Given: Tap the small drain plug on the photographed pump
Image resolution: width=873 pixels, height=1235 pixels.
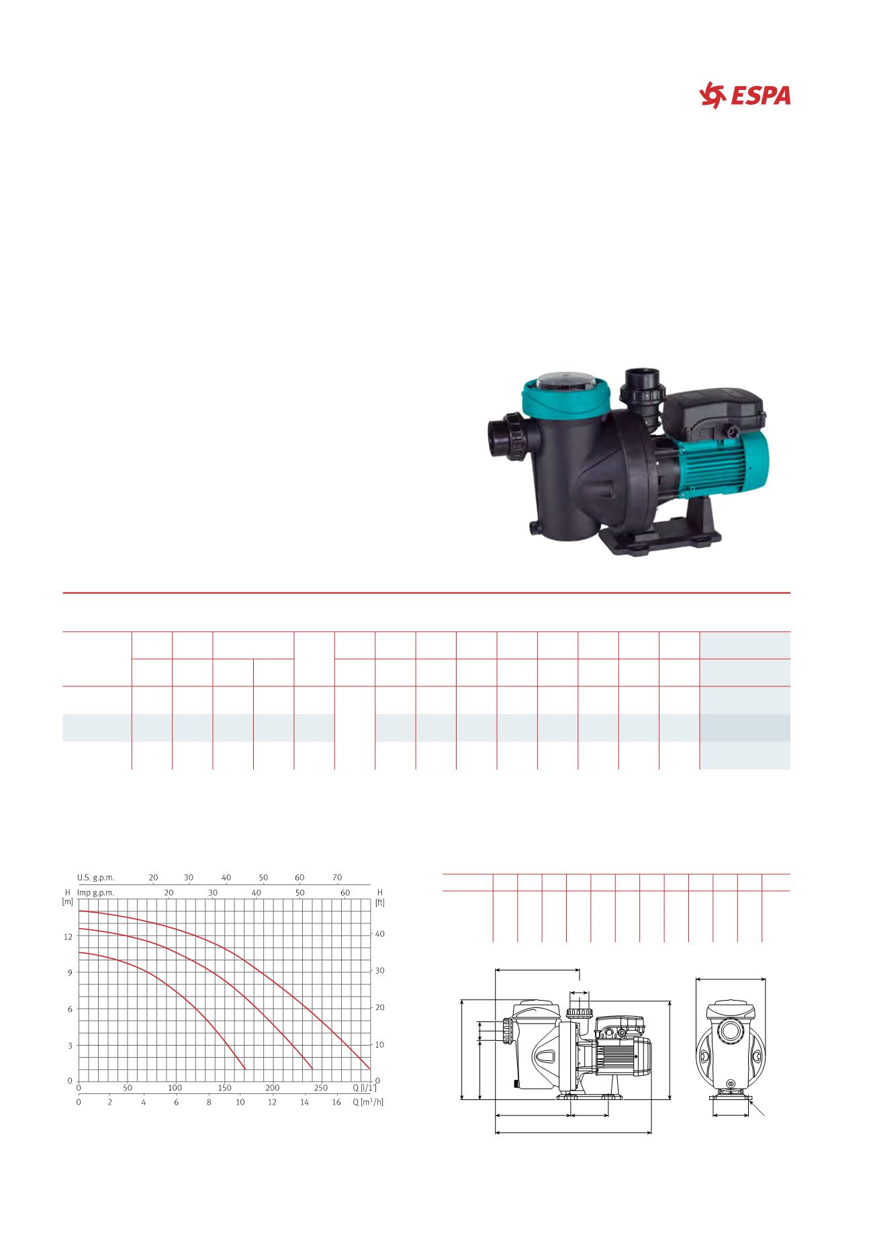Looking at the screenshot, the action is (x=535, y=528).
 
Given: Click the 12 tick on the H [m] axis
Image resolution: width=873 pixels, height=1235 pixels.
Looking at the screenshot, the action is (x=68, y=936).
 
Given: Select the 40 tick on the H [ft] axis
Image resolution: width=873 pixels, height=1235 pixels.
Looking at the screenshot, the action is (x=379, y=934).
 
